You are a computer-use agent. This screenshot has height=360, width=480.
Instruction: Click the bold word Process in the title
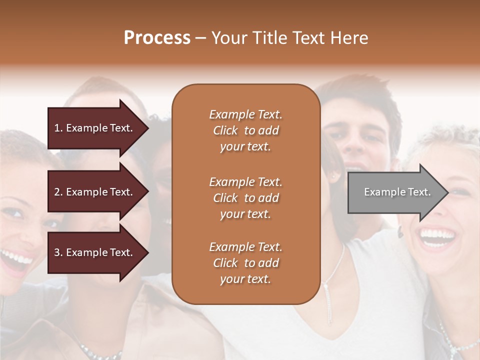point(157,38)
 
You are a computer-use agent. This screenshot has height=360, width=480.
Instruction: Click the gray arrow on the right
point(395,192)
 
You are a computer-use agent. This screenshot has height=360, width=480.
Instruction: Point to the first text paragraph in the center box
point(245,130)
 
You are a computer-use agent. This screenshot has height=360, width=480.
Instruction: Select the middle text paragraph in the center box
point(245,198)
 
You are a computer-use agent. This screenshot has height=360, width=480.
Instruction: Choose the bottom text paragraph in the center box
point(245,263)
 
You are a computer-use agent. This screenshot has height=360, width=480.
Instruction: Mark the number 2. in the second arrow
point(58,192)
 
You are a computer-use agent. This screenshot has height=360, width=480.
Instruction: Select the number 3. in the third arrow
point(58,252)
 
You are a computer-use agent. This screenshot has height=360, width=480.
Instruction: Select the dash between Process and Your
point(200,38)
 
